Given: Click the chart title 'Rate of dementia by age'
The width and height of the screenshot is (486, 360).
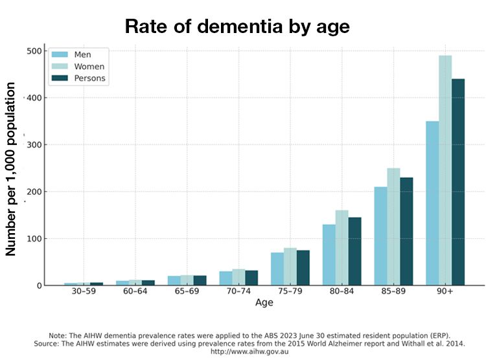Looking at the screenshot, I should click(237, 27).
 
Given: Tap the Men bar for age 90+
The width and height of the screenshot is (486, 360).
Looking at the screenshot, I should click(432, 203).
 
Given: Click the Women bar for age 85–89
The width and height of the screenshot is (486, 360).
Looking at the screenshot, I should click(393, 227).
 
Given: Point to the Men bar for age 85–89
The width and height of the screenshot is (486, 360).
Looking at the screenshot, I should click(380, 236).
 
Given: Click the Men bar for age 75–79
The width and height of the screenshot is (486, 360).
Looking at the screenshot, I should click(277, 269).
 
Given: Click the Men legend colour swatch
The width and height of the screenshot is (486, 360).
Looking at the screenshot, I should click(60, 54).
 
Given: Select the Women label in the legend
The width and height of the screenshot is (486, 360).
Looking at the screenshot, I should click(89, 67).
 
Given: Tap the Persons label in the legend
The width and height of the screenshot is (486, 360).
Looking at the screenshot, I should click(90, 78).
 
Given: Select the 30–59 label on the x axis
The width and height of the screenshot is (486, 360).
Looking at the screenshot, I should click(84, 292).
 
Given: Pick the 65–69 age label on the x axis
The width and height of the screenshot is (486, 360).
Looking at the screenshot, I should click(187, 292).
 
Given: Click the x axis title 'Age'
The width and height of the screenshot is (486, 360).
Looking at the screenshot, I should click(264, 302).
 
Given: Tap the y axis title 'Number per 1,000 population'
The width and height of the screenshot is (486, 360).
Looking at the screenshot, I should click(11, 168).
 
